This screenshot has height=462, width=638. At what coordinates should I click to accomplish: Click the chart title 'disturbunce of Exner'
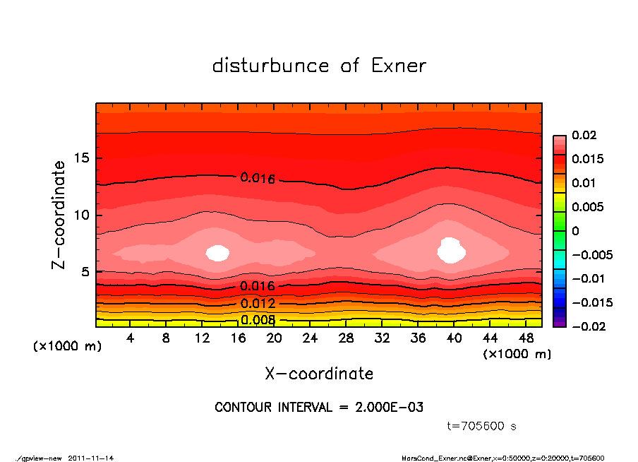tap(319, 66)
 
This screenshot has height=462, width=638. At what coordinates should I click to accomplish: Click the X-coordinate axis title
tap(319, 373)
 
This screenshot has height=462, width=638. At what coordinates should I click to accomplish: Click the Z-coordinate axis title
tap(59, 215)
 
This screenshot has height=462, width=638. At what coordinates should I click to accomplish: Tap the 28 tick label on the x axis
tap(346, 338)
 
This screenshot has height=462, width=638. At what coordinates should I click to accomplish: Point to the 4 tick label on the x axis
tap(131, 338)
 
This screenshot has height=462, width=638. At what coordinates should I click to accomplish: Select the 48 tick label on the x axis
tap(526, 338)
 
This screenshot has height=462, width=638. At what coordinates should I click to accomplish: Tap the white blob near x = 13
tap(218, 253)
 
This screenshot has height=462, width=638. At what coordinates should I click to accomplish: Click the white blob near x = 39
tap(450, 251)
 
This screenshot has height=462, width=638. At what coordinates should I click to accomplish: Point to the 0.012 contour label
tap(258, 304)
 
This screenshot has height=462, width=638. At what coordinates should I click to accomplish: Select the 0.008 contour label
tap(258, 320)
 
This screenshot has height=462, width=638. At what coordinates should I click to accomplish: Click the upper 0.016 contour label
tap(258, 178)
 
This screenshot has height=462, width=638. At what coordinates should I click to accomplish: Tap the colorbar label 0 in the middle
tap(575, 231)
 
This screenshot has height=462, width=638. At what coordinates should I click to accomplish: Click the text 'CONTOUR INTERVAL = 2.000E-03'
tap(319, 408)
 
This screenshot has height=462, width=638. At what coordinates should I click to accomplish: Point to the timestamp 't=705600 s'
tap(482, 427)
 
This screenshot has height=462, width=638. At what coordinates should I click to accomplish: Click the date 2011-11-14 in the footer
tap(90, 458)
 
